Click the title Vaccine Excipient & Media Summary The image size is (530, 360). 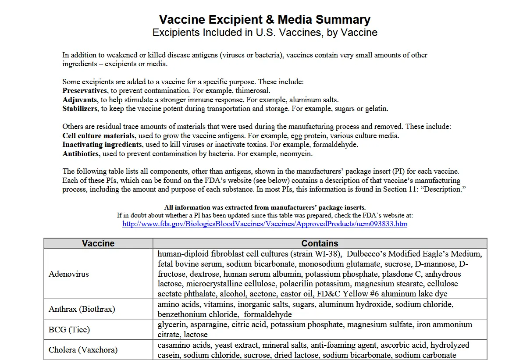pyautogui.click(x=264, y=20)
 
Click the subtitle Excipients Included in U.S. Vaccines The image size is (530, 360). pyautogui.click(x=264, y=32)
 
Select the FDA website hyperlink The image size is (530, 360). pyautogui.click(x=265, y=224)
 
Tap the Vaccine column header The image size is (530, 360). pyautogui.click(x=98, y=243)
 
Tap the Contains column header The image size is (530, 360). pyautogui.click(x=320, y=243)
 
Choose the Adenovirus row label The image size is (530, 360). pyautogui.click(x=69, y=274)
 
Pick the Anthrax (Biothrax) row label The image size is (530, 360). pyautogui.click(x=82, y=309)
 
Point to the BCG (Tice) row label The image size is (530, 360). pyautogui.click(x=69, y=329)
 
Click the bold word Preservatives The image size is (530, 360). pyautogui.click(x=85, y=91)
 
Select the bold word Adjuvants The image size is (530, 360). pyautogui.click(x=80, y=100)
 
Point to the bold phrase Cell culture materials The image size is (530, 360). pyautogui.click(x=98, y=136)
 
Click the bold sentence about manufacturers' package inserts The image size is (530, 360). pyautogui.click(x=265, y=207)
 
